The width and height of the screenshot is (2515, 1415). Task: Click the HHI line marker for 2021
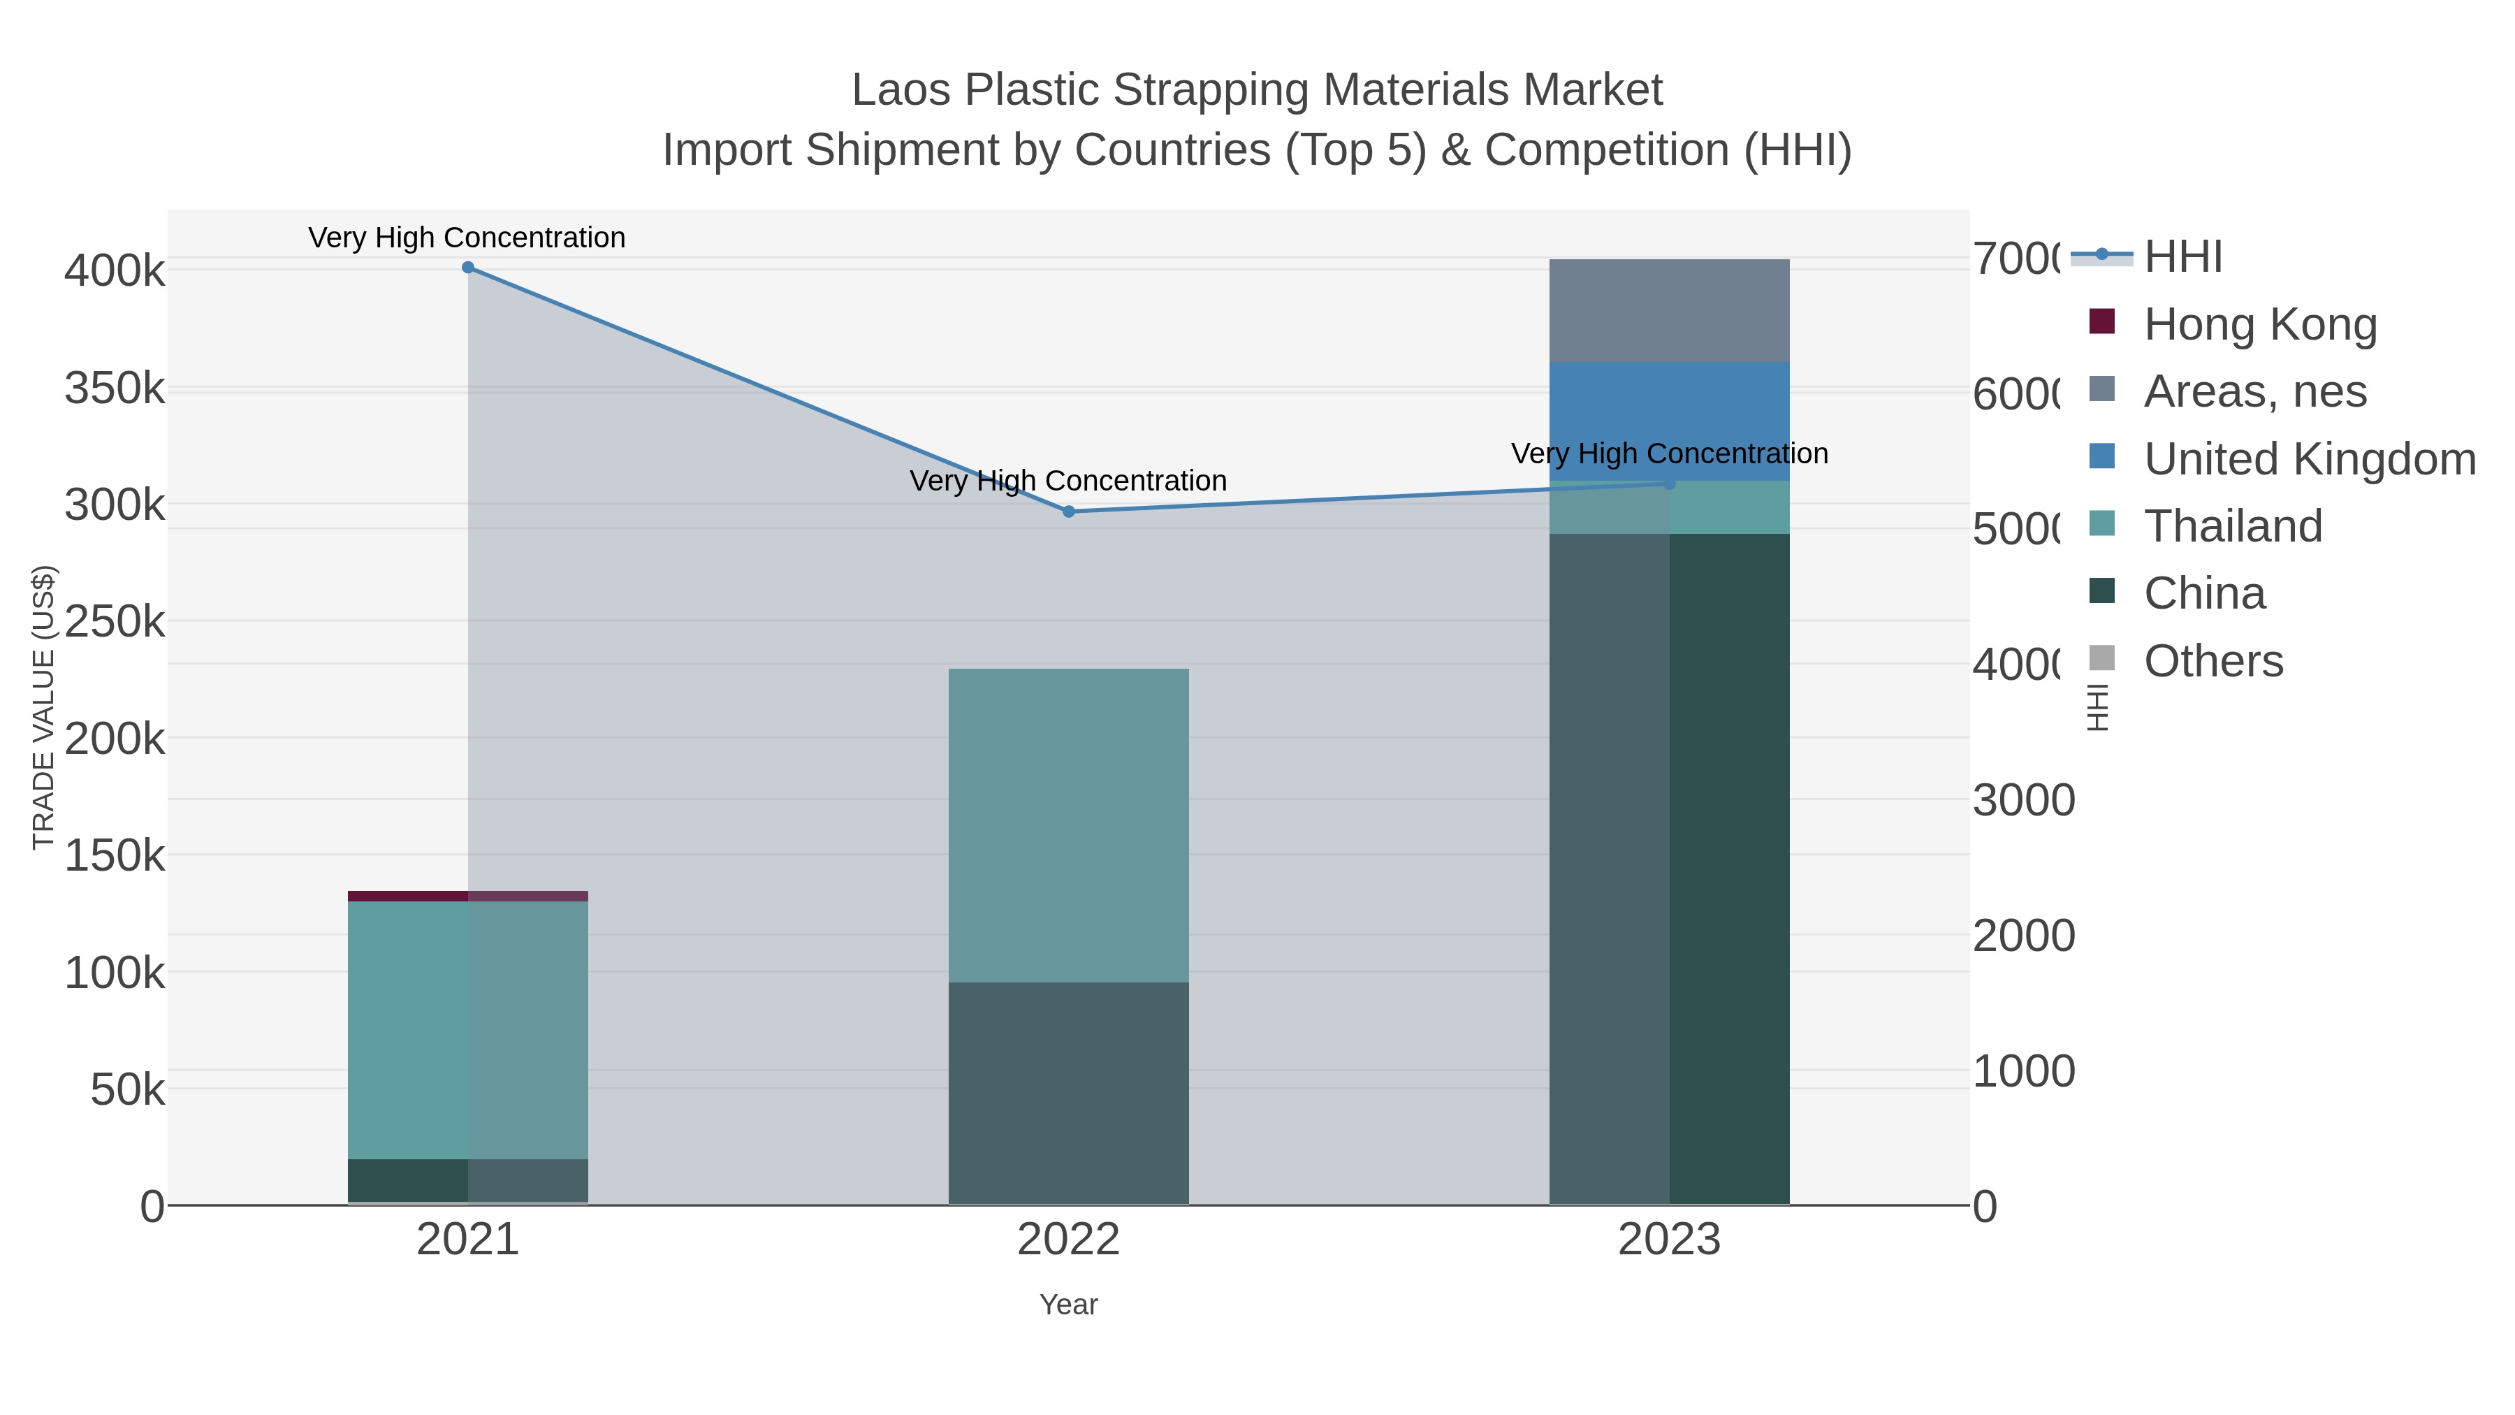tap(467, 268)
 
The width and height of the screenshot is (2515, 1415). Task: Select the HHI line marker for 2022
tap(1068, 511)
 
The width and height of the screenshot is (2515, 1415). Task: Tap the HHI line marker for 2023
tap(1668, 484)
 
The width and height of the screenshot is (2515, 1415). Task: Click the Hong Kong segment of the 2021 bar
tap(467, 896)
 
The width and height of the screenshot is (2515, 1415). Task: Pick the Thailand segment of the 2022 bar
tap(1068, 825)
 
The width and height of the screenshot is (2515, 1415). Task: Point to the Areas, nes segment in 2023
tap(1668, 310)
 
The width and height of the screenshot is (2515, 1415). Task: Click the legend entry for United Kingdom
tap(2309, 459)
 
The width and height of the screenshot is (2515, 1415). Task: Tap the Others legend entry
tap(2213, 661)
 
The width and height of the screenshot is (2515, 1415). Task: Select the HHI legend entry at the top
tap(2183, 257)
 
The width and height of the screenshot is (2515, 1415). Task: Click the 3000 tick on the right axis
tap(2023, 801)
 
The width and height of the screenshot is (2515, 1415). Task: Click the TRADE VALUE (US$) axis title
tap(43, 707)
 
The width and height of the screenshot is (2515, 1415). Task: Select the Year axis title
tap(1068, 1305)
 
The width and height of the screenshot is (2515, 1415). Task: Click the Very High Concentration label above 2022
tap(1068, 481)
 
